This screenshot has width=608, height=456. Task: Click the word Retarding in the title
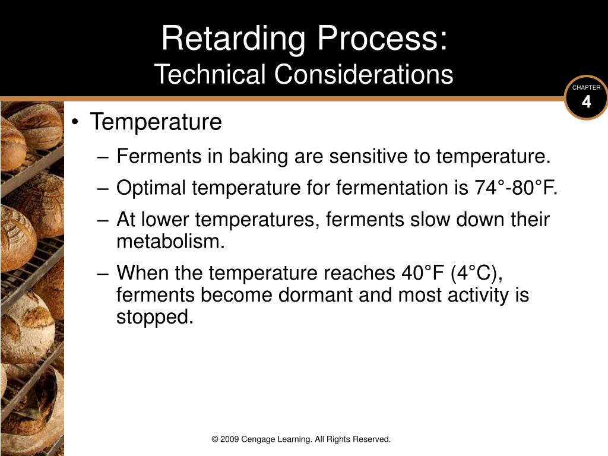pyautogui.click(x=233, y=38)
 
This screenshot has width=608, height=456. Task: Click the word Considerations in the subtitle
pyautogui.click(x=364, y=74)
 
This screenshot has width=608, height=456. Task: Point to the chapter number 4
pyautogui.click(x=586, y=102)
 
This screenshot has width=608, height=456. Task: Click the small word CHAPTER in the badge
pyautogui.click(x=586, y=88)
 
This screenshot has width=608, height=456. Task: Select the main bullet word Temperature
pyautogui.click(x=156, y=122)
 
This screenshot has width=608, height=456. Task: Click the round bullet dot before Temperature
pyautogui.click(x=75, y=122)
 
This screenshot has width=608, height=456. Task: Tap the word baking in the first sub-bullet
pyautogui.click(x=258, y=157)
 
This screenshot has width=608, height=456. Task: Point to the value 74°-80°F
pyautogui.click(x=515, y=188)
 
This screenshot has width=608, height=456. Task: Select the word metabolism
pyautogui.click(x=170, y=241)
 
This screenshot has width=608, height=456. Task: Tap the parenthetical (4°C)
pyautogui.click(x=477, y=273)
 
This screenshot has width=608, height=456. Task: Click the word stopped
pyautogui.click(x=155, y=318)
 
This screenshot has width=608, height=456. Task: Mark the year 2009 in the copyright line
pyautogui.click(x=229, y=439)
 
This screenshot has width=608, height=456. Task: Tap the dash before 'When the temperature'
pyautogui.click(x=103, y=274)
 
